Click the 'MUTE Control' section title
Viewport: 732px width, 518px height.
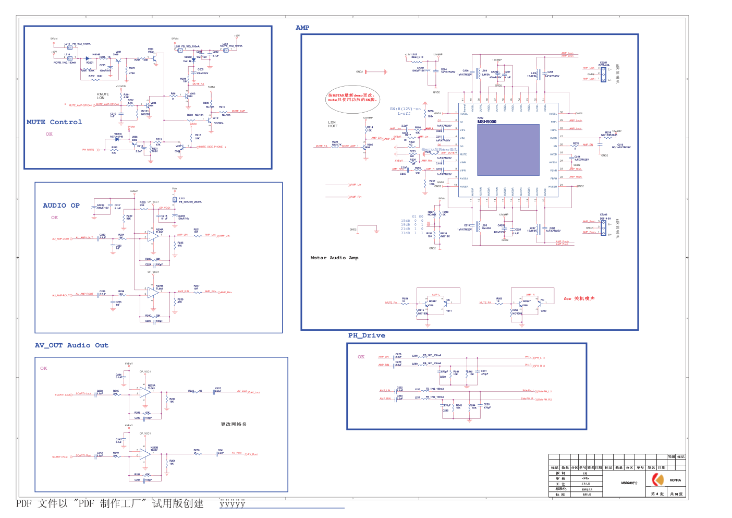tap(54, 122)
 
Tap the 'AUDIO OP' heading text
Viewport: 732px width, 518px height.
tap(61, 206)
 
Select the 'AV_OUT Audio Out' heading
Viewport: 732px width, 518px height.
tap(71, 345)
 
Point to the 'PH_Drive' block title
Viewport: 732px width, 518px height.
tap(367, 335)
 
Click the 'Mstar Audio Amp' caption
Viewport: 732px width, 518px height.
tap(334, 258)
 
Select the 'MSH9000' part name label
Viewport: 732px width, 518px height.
tap(487, 122)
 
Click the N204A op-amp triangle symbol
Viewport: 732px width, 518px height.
tap(153, 236)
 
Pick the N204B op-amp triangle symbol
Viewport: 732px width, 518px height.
tap(153, 293)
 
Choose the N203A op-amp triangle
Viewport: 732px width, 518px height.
tap(145, 392)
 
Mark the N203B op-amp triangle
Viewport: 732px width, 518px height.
tap(145, 454)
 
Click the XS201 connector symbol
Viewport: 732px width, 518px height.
tap(603, 74)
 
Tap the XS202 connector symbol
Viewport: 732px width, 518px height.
tap(603, 227)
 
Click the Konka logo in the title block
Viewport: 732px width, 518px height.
tap(658, 479)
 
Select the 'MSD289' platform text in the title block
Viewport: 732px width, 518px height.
tap(629, 483)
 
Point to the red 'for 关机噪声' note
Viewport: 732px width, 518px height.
tap(579, 298)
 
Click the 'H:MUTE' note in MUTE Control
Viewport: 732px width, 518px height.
tap(103, 94)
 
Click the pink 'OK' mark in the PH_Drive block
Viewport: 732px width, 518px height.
tap(361, 357)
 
